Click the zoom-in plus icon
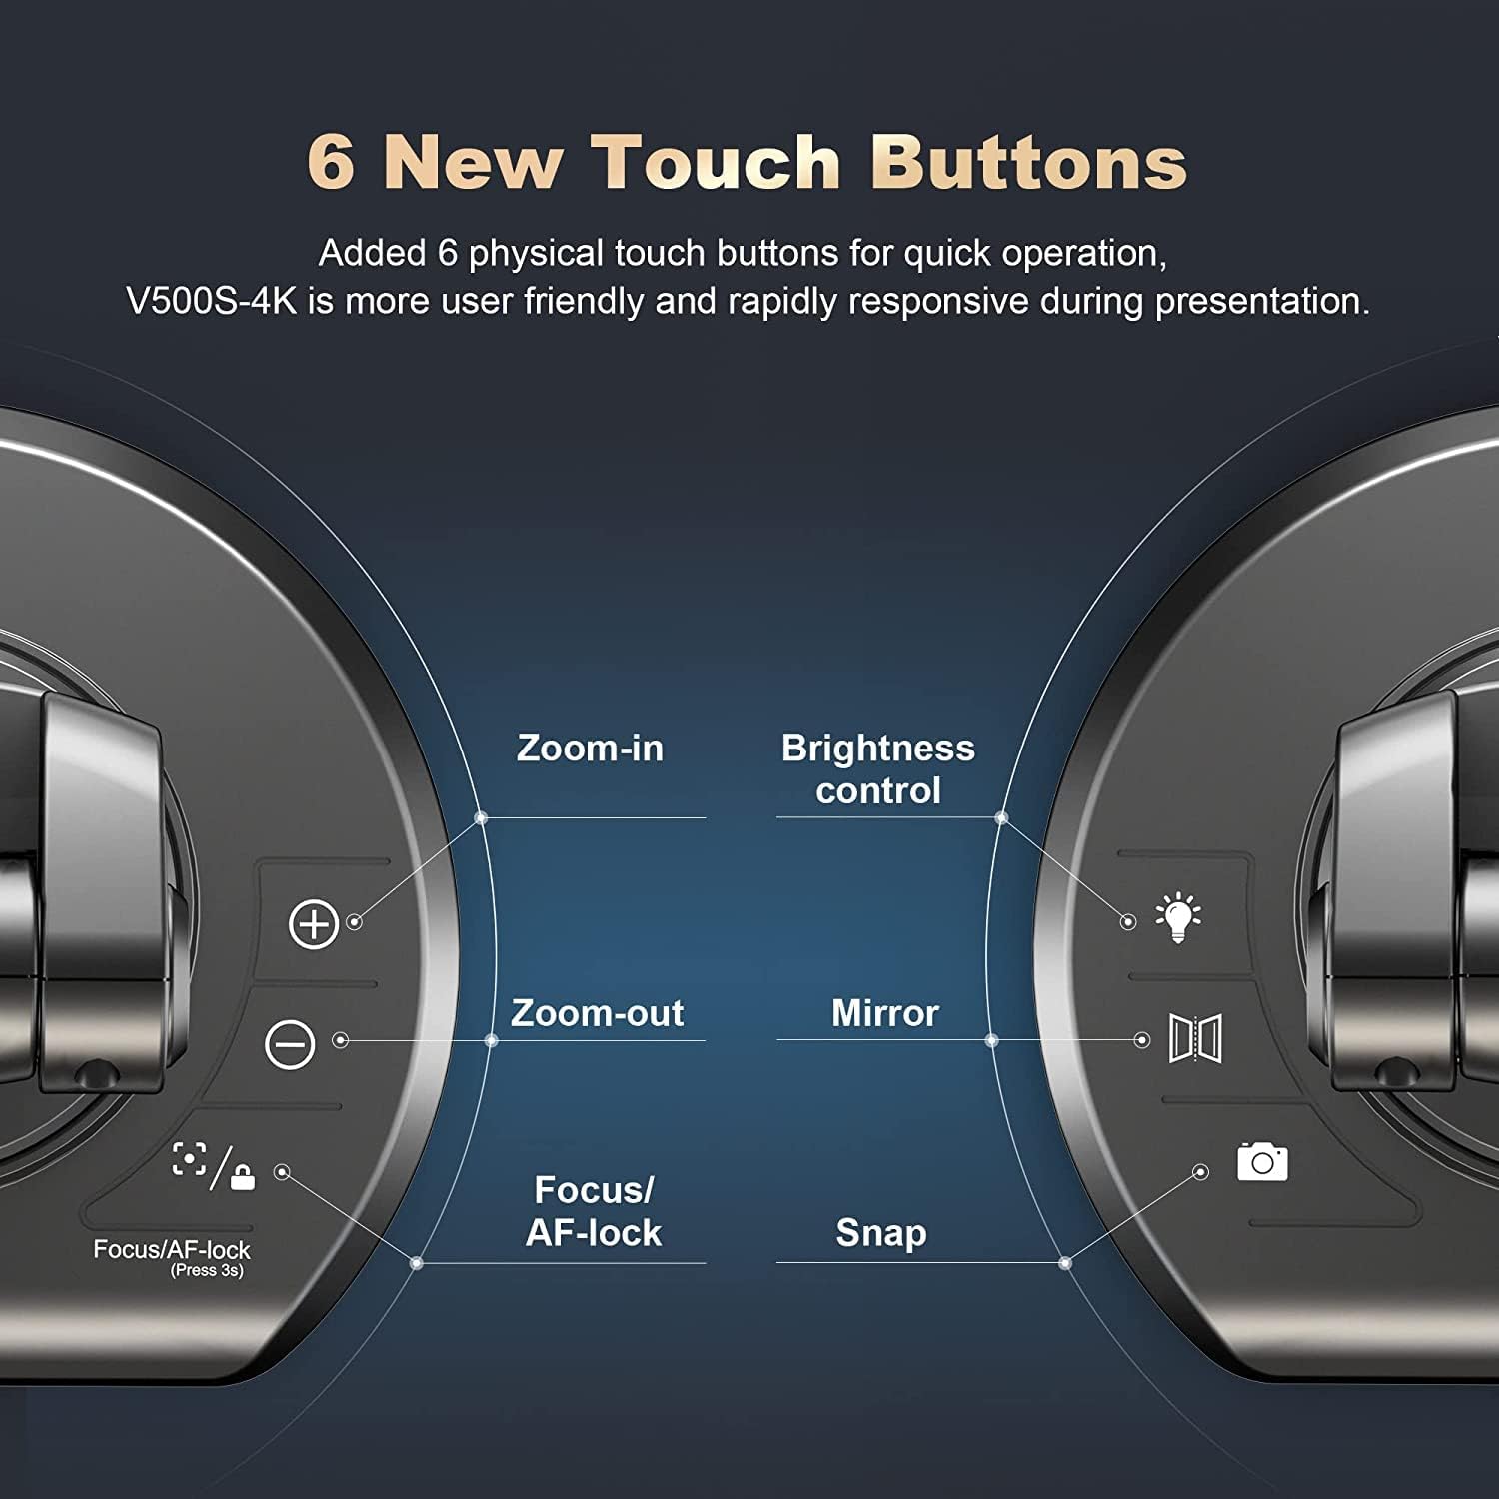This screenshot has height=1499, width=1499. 314,924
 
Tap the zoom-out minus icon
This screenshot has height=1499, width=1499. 290,1044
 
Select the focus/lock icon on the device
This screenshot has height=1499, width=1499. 214,1165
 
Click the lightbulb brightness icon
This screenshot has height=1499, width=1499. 1178,917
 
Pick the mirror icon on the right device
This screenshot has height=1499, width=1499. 1195,1038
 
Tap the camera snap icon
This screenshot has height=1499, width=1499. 1262,1161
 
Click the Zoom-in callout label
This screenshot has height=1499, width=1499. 590,749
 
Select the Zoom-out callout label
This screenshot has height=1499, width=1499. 597,1013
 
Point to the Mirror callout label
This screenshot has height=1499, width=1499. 884,1013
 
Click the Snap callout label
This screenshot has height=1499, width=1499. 880,1233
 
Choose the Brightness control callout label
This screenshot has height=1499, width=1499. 877,769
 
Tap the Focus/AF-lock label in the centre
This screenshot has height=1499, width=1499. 594,1211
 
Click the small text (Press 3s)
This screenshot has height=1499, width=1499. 207,1271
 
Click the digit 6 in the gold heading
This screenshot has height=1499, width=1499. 331,161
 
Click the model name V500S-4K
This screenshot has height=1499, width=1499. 212,301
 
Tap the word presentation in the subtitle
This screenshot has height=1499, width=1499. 1262,302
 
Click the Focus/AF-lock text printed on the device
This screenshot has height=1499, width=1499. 172,1249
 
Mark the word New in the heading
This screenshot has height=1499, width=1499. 473,161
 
